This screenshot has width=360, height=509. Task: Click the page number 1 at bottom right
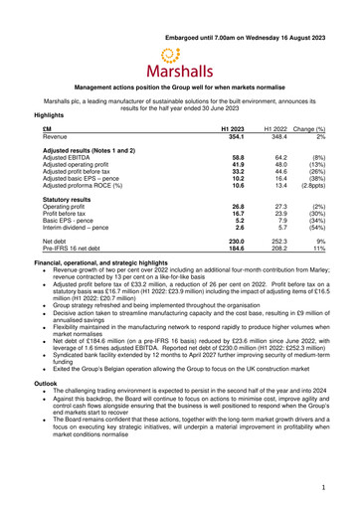pyautogui.click(x=323, y=487)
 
